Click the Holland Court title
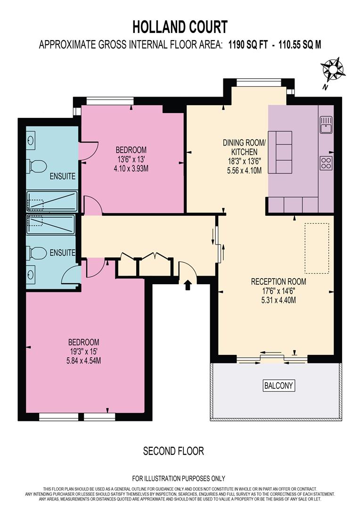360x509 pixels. click(x=180, y=26)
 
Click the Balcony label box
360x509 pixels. click(x=278, y=386)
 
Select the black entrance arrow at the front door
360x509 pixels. click(x=188, y=285)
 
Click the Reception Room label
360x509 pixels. click(x=278, y=282)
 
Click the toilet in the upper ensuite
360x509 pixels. click(x=38, y=166)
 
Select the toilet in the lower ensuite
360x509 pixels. click(x=38, y=253)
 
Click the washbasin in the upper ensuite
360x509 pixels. click(x=31, y=140)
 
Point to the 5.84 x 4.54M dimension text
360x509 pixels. click(x=84, y=361)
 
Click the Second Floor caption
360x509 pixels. click(x=173, y=451)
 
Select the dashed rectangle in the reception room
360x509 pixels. click(x=316, y=248)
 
